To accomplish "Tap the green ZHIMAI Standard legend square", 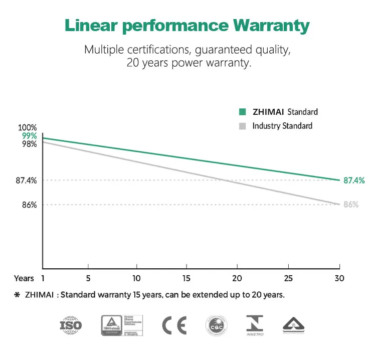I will coord(243,112).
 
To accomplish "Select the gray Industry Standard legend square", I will coord(243,126).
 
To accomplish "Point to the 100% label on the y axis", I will coord(29,128).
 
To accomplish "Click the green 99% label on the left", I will coord(29,136).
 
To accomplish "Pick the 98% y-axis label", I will coord(29,144).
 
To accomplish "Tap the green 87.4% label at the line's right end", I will coord(354,181).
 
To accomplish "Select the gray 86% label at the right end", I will coord(350,205).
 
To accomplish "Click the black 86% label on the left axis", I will coord(29,205).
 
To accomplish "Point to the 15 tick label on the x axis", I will coord(186,278).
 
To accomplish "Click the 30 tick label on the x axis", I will coord(339,278).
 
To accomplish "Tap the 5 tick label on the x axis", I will coord(88,278).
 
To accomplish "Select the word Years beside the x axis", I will coord(24,278).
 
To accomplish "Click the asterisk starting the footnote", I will coord(17,295).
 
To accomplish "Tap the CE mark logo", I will coord(174,326).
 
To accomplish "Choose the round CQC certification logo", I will coord(216,326).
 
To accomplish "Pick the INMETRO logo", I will coord(255,325).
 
